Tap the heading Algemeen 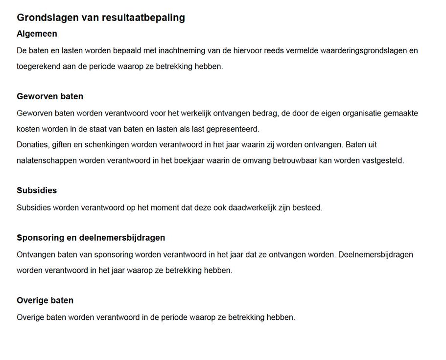37,34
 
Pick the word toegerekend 38,66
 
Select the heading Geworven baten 50,96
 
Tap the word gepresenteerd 233,129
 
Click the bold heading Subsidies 37,190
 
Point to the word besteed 308,207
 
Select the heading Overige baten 45,300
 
